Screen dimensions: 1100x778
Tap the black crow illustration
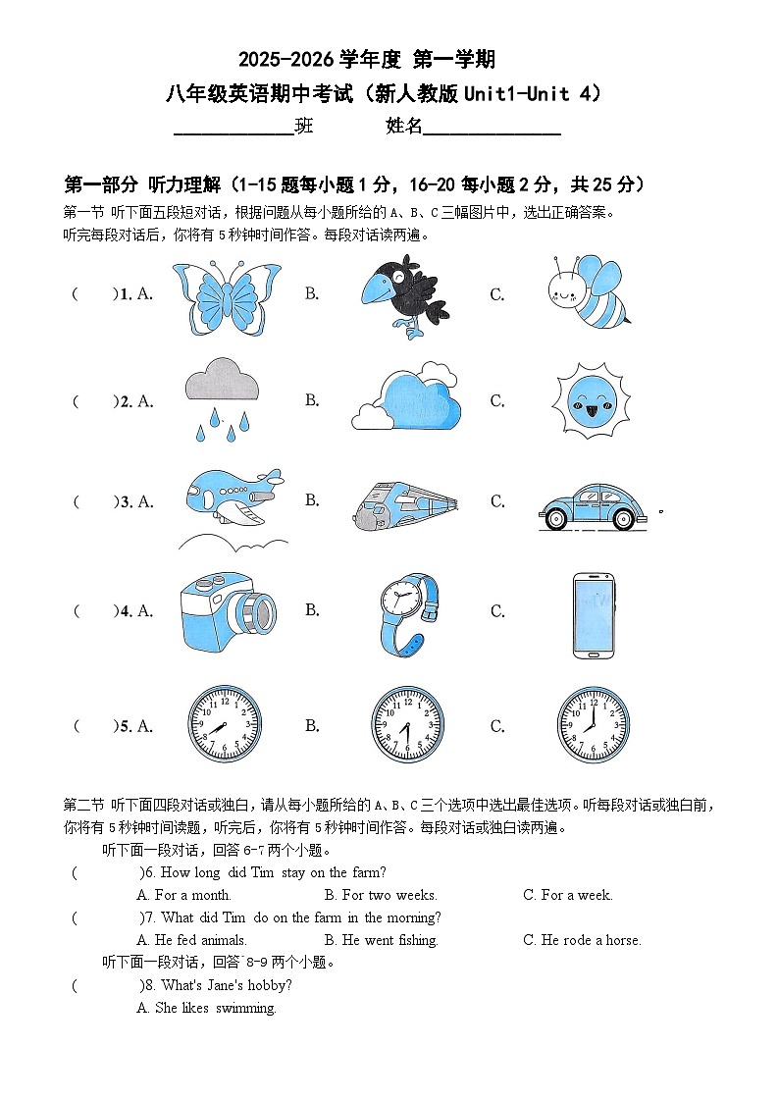(x=397, y=295)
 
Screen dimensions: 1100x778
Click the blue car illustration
(x=595, y=506)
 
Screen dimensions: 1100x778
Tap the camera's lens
(x=258, y=612)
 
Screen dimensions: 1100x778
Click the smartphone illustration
(x=593, y=615)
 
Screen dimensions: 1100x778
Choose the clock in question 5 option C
(x=593, y=725)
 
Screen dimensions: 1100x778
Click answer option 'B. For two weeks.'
(x=381, y=895)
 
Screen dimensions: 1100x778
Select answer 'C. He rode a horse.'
(x=582, y=940)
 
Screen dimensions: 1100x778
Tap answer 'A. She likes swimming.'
(x=207, y=1008)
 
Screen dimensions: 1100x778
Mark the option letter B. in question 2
(x=312, y=399)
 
